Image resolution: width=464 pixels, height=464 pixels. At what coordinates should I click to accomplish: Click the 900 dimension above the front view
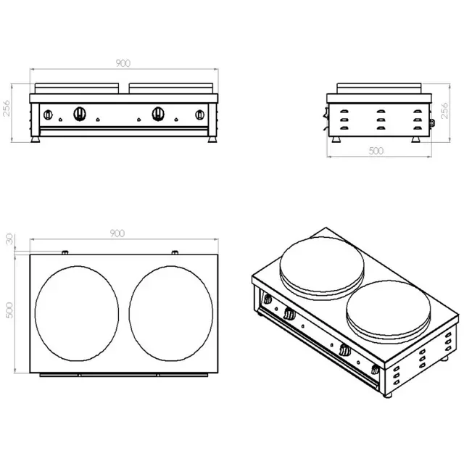click(x=123, y=64)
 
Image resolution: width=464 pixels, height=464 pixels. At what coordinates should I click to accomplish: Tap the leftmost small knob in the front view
click(x=49, y=115)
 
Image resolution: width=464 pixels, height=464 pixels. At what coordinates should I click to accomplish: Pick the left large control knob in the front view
click(x=81, y=114)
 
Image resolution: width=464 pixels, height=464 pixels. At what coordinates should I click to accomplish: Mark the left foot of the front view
click(x=36, y=137)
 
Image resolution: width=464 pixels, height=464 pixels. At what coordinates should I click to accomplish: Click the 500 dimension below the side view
click(x=376, y=152)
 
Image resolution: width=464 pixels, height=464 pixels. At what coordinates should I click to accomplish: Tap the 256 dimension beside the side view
click(x=444, y=110)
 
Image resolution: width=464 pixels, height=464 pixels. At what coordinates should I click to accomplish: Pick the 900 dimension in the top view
click(x=117, y=233)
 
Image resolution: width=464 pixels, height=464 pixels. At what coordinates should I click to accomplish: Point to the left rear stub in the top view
click(x=65, y=252)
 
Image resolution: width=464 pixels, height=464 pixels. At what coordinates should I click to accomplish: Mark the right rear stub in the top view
click(x=175, y=252)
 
